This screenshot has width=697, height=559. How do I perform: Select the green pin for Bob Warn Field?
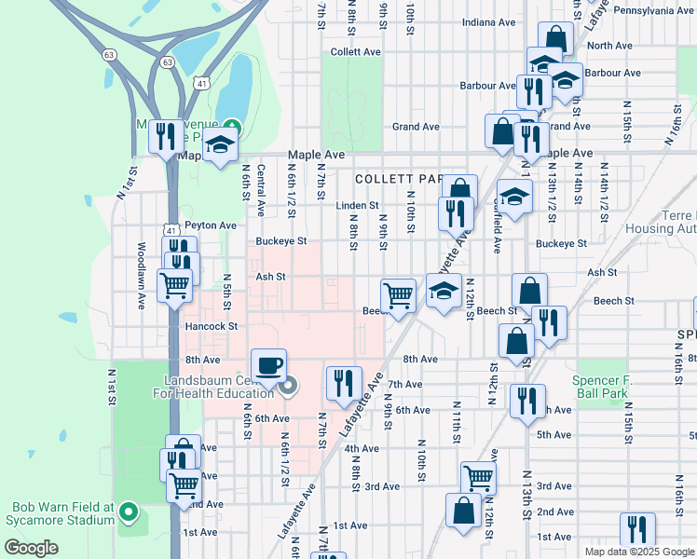click(x=130, y=512)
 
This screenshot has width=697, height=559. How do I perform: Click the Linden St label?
click(x=358, y=205)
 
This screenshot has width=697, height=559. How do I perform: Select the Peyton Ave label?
click(x=211, y=225)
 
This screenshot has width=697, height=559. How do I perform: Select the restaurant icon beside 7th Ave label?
click(x=343, y=381)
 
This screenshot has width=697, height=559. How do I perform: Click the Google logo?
click(x=32, y=548)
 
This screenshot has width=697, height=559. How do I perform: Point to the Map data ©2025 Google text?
click(x=638, y=552)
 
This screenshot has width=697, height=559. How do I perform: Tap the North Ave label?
click(x=609, y=46)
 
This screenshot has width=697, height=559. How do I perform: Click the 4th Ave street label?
click(x=362, y=448)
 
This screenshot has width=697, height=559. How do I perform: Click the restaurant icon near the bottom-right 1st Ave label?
click(x=636, y=528)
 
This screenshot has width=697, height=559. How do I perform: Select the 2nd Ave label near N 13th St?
click(x=555, y=511)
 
